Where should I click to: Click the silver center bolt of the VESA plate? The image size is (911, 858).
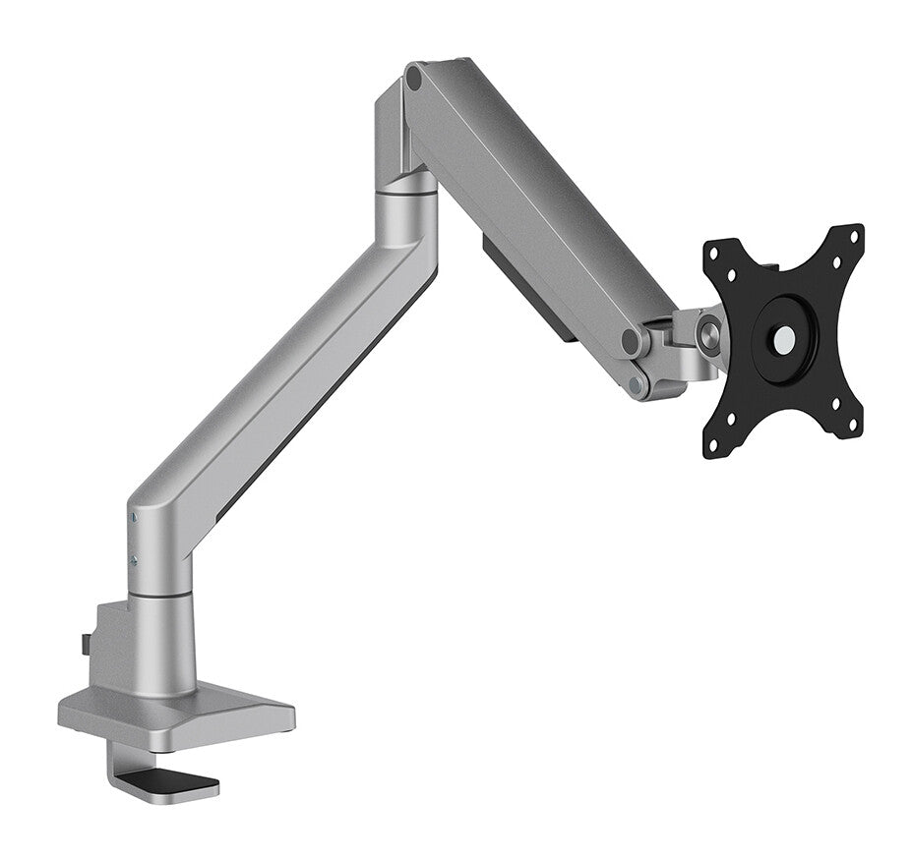pos(785,340)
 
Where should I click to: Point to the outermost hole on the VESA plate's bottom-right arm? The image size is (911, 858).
pos(852,427)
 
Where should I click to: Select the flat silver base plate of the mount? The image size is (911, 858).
pos(177,713)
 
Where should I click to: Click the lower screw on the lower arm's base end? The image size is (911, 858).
pos(133,560)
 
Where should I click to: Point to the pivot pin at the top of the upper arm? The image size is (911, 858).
pos(415,77)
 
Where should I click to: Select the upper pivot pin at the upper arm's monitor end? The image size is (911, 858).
pos(631,343)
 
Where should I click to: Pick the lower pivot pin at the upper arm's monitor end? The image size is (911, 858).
pos(638,384)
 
